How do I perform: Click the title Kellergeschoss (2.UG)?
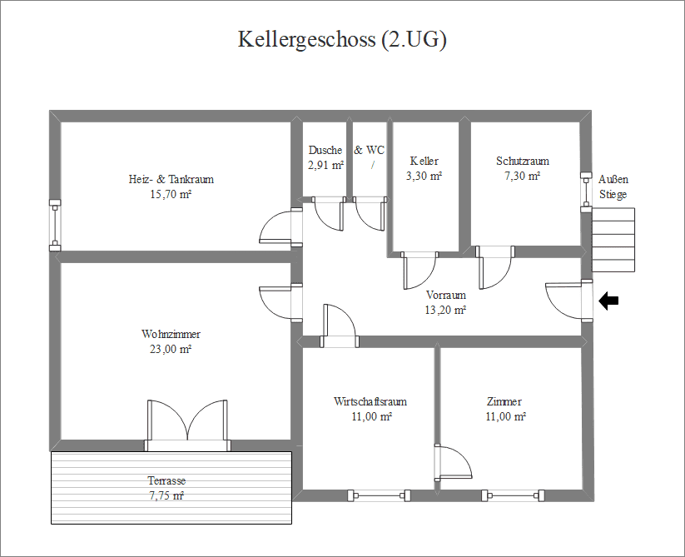click(x=342, y=40)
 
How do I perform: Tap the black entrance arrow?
click(x=609, y=301)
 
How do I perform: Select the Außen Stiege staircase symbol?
click(x=613, y=240)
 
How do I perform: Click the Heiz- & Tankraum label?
click(x=171, y=179)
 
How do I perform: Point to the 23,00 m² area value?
click(x=171, y=350)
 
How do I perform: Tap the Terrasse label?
click(x=166, y=481)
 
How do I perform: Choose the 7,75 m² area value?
click(x=166, y=496)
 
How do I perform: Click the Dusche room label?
click(x=325, y=151)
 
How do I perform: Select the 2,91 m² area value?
click(x=325, y=165)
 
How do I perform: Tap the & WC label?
click(x=370, y=151)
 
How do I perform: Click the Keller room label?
click(x=424, y=161)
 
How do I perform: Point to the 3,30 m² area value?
click(x=424, y=176)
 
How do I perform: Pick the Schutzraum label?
click(x=523, y=161)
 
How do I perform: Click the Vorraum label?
click(x=446, y=295)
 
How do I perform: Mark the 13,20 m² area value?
click(x=446, y=310)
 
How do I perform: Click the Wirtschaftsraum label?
click(x=370, y=401)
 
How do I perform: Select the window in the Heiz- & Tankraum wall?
click(x=55, y=224)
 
